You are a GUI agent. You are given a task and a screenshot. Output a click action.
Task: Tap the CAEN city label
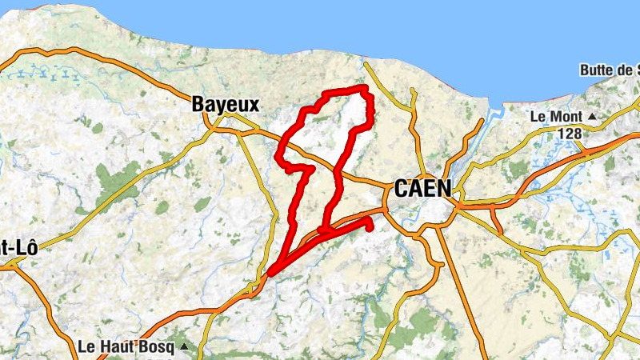(x=422, y=190)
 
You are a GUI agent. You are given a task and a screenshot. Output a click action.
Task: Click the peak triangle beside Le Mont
(x=591, y=117)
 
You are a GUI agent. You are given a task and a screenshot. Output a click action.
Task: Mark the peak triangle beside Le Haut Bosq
(x=186, y=347)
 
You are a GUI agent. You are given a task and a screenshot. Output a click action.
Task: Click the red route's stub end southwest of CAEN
(x=370, y=227)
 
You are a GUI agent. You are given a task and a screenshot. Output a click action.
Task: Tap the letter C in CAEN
(x=400, y=190)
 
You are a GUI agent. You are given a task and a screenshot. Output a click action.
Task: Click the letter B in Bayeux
(x=198, y=104)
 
